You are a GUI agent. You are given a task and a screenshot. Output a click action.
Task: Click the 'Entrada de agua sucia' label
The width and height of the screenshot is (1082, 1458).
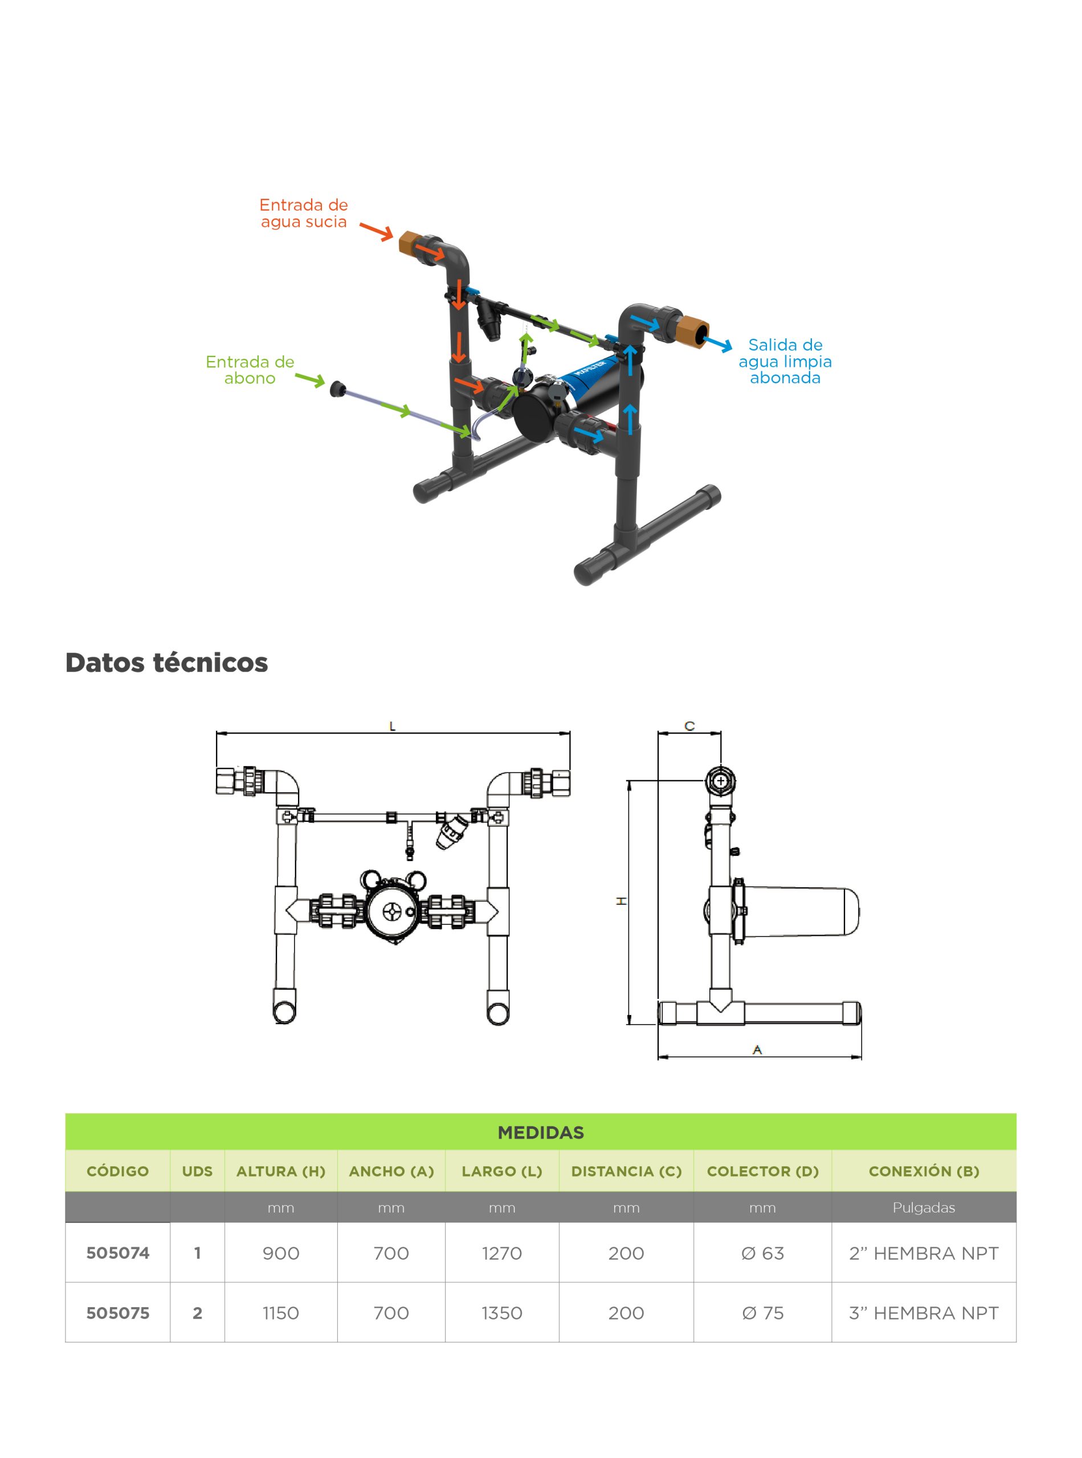303,214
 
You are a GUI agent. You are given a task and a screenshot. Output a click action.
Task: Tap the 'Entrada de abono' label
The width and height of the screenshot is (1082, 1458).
250,370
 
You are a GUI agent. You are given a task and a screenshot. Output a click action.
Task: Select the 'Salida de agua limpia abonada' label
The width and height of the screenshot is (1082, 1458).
785,362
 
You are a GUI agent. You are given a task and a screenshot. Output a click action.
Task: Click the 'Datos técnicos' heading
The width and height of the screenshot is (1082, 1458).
166,662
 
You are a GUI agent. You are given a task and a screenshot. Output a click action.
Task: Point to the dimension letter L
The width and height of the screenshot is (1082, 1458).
393,726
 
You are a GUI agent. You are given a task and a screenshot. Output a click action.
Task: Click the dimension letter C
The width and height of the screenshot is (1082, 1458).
689,726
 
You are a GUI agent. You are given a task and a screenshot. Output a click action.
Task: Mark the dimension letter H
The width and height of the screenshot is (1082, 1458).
621,902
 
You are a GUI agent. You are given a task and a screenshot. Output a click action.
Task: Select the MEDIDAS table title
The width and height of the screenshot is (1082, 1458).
540,1133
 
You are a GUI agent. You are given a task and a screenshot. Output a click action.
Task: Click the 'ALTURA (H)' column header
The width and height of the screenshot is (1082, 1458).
280,1172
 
